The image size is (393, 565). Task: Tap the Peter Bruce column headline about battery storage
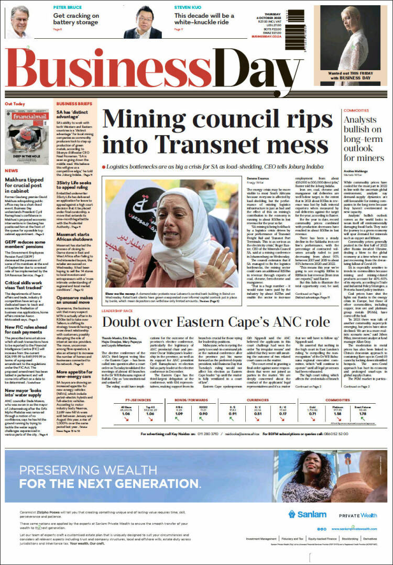tap(75, 19)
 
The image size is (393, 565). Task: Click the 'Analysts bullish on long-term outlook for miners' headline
tap(363, 139)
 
